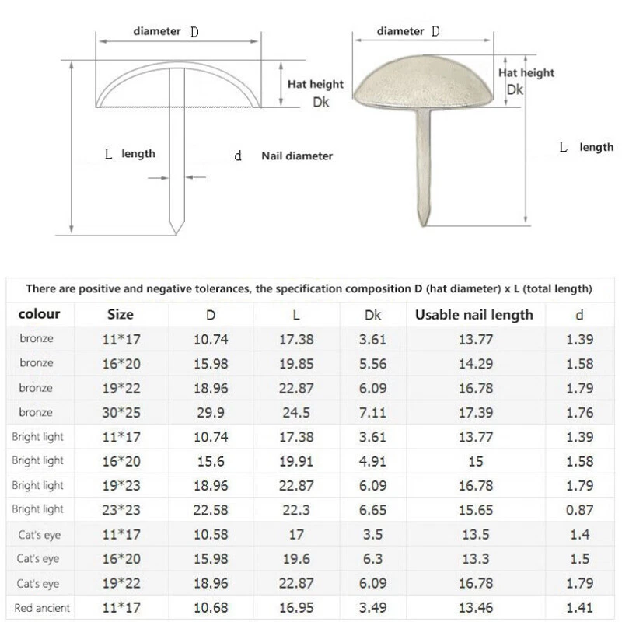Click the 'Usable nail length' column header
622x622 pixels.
[474, 315]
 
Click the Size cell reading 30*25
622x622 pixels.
[120, 412]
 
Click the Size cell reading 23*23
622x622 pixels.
[120, 509]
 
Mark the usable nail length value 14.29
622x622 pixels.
[474, 363]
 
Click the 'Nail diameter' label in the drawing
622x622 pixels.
[297, 156]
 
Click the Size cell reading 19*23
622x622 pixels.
[120, 485]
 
